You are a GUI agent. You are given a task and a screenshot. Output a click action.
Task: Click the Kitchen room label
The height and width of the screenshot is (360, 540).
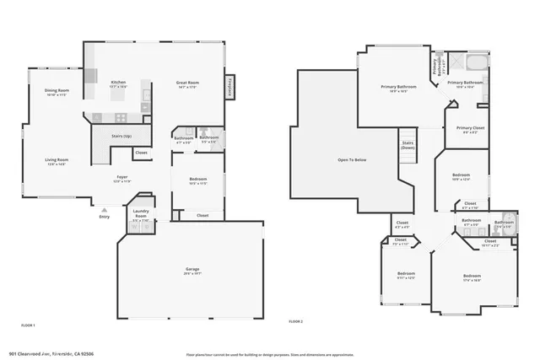pyautogui.click(x=118, y=83)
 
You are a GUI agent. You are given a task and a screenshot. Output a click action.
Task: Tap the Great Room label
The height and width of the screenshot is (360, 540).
pyautogui.click(x=186, y=83)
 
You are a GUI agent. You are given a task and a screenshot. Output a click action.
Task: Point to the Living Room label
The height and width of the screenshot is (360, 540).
pyautogui.click(x=57, y=160)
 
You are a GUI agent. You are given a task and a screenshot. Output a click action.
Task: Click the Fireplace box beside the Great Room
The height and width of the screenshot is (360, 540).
pyautogui.click(x=229, y=87)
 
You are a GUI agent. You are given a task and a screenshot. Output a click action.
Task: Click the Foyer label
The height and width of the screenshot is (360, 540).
pyautogui.click(x=123, y=178)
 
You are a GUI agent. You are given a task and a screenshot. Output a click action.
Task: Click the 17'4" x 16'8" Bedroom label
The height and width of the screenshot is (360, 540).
pyautogui.click(x=471, y=278)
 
